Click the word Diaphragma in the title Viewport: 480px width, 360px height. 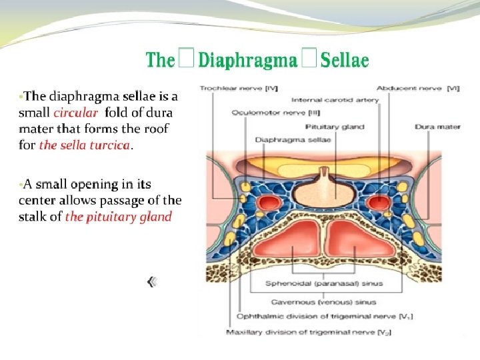click(x=248, y=61)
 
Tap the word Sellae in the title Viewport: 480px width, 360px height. click(x=345, y=61)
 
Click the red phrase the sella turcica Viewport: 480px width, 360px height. click(x=84, y=145)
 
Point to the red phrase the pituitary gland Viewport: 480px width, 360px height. click(x=118, y=217)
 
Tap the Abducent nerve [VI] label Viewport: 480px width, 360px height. click(x=408, y=87)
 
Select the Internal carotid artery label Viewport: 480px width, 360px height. click(x=335, y=100)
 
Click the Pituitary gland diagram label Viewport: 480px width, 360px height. click(x=334, y=126)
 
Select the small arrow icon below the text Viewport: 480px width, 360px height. click(x=153, y=283)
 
